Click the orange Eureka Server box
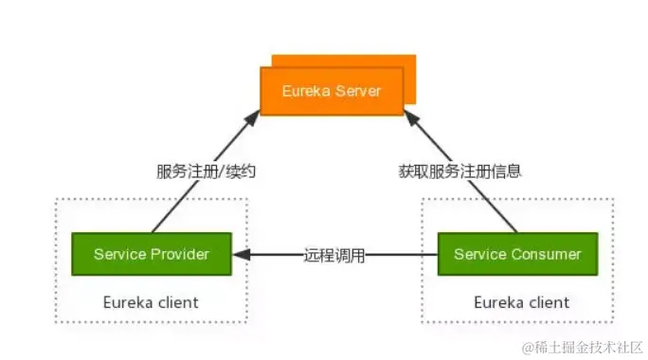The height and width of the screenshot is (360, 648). (x=332, y=91)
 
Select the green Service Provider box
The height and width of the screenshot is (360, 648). (x=152, y=254)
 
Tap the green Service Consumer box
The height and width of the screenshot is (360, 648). (x=517, y=254)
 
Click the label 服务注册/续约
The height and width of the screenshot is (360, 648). (x=207, y=171)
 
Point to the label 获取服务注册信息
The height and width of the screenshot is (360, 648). (x=460, y=171)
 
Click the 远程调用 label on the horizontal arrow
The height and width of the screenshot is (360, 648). (x=334, y=255)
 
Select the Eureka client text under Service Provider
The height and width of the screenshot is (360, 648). (x=151, y=302)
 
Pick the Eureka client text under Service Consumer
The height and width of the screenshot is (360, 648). (x=522, y=302)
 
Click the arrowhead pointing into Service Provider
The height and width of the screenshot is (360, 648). (x=241, y=254)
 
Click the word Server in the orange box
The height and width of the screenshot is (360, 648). (x=358, y=91)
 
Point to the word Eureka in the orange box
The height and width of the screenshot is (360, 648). (x=306, y=91)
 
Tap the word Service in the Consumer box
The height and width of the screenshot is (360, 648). (x=479, y=254)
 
